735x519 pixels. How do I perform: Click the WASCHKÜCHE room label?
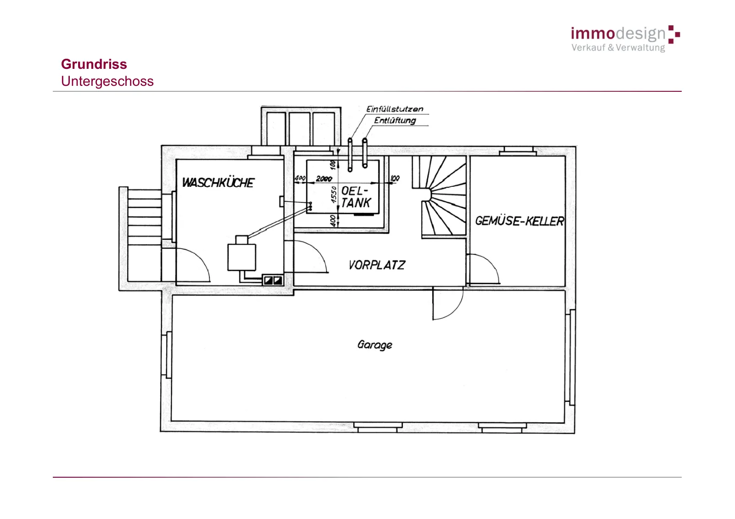pos(218,183)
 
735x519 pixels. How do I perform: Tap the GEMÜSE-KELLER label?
pos(520,221)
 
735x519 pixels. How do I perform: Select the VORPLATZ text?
pos(377,265)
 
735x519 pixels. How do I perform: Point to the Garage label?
pos(375,345)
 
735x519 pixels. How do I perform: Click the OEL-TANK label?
pos(356,197)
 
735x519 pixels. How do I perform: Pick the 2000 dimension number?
pos(324,179)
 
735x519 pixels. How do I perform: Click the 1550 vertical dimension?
pos(334,195)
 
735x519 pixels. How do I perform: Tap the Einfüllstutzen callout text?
pos(395,109)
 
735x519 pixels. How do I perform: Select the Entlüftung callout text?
pos(395,120)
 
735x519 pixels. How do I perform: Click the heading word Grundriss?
pos(94,64)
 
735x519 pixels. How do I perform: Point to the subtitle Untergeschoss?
pos(107,81)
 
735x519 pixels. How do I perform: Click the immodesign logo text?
pos(618,33)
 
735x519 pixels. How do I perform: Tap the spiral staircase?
pos(440,196)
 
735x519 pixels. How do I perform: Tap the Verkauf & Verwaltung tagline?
pos(618,48)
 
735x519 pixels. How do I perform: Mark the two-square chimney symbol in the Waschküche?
pos(273,280)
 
